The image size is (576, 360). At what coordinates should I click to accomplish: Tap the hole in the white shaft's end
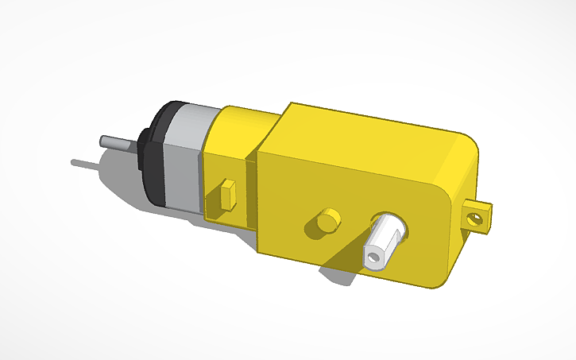373,257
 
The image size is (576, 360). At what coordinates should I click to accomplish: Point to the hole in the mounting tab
476,217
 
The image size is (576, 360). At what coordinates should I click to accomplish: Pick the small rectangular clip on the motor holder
229,193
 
